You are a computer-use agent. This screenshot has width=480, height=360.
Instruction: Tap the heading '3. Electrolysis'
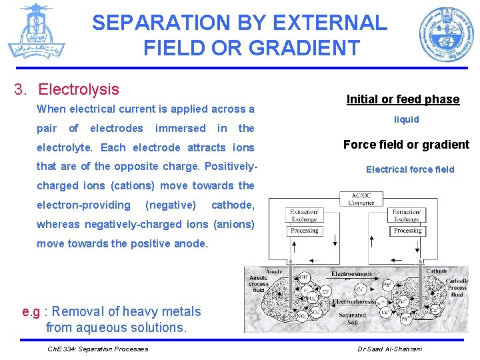(x=79, y=89)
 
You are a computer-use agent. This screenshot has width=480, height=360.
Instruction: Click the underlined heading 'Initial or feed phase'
(x=403, y=99)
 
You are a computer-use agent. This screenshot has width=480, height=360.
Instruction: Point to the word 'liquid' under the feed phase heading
(x=406, y=119)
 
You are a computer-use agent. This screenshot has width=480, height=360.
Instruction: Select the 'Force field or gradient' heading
(x=406, y=145)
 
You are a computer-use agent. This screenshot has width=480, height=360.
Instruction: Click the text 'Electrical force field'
(x=410, y=169)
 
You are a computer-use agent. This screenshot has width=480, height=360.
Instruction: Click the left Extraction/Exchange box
(x=304, y=215)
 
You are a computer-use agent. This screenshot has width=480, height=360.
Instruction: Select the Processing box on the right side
(x=407, y=231)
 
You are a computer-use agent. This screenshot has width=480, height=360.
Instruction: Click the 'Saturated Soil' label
(x=353, y=319)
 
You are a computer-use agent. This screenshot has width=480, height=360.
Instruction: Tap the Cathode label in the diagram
(x=437, y=271)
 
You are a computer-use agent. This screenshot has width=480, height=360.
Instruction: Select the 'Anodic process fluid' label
(x=258, y=285)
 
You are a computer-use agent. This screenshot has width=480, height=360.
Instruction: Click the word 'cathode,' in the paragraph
(x=232, y=205)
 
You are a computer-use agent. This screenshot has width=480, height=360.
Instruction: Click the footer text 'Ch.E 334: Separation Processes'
(x=97, y=349)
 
